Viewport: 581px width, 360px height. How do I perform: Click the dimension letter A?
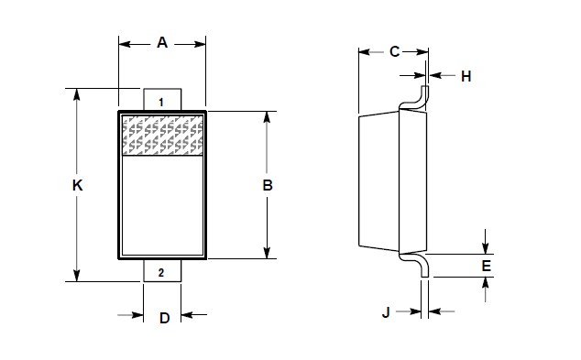[162, 42]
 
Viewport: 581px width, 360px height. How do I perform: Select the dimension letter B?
[268, 185]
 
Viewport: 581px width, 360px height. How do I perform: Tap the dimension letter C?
[394, 51]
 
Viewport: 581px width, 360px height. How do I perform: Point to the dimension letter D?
[164, 318]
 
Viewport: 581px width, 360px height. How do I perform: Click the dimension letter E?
[487, 266]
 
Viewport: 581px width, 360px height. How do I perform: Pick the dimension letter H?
[466, 77]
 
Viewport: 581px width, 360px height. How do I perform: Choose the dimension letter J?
[386, 313]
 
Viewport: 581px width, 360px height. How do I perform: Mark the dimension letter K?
[77, 185]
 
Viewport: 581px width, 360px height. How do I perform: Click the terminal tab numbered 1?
[161, 101]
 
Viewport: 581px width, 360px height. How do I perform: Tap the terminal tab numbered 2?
[161, 272]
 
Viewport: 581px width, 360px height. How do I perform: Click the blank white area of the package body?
[162, 206]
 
